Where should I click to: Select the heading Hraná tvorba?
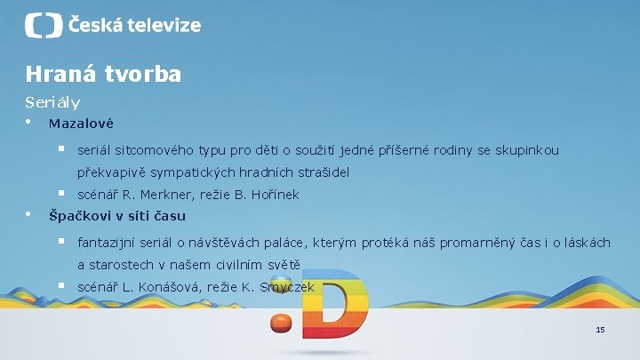click(x=103, y=74)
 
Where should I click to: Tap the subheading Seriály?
click(x=52, y=102)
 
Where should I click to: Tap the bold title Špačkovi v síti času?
click(x=116, y=215)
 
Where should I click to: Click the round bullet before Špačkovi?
click(x=28, y=214)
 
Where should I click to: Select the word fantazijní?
click(x=108, y=242)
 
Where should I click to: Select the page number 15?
click(x=600, y=330)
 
